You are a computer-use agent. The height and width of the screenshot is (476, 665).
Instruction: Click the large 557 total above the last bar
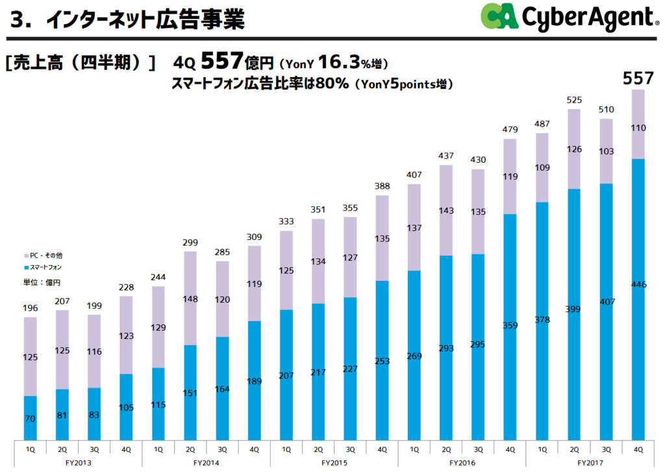(638, 78)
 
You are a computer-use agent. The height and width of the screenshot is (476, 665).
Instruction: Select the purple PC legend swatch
(26, 256)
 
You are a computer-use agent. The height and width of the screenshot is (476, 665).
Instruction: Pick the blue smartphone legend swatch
(26, 267)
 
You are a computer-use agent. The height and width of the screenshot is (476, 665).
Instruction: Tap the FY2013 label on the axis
(78, 463)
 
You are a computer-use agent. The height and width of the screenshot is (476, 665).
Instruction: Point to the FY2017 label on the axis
(590, 463)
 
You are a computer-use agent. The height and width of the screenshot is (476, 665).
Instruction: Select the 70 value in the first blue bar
(30, 419)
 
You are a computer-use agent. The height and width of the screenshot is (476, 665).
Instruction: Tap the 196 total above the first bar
(30, 307)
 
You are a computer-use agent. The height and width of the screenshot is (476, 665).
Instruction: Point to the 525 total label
(574, 100)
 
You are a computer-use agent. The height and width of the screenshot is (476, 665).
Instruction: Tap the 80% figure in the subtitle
(333, 84)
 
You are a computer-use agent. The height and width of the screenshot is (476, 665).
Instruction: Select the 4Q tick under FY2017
(638, 449)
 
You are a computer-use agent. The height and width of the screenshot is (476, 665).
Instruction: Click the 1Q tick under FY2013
(30, 449)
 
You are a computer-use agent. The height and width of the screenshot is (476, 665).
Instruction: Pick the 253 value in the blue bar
(382, 361)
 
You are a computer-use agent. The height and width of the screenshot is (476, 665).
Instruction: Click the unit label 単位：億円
(43, 282)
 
